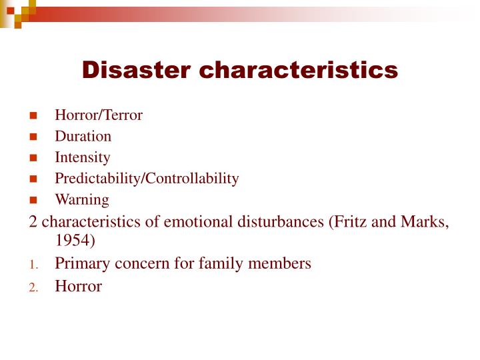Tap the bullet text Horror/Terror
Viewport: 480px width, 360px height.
click(x=99, y=115)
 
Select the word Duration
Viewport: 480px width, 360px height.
click(x=83, y=137)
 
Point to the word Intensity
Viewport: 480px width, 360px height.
click(x=83, y=158)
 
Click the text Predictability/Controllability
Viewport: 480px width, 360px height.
click(x=147, y=179)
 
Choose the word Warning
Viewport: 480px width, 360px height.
click(x=82, y=199)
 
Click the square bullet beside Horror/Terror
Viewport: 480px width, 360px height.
click(x=33, y=116)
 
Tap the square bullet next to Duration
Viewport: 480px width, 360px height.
click(x=33, y=137)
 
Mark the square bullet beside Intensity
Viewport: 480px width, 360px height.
click(x=33, y=159)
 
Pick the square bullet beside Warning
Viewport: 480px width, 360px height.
click(x=33, y=200)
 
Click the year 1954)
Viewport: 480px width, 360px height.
click(x=76, y=240)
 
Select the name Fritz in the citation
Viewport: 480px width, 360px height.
click(x=350, y=222)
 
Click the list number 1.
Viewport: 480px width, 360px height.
click(x=33, y=265)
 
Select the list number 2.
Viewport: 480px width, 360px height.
click(x=33, y=288)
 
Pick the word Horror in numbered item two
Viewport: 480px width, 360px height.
click(x=79, y=287)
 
